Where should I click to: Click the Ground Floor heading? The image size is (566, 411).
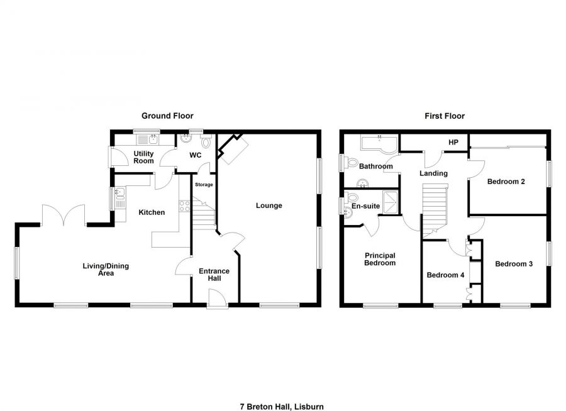coord(167,116)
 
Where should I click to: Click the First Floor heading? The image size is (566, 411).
coord(444,116)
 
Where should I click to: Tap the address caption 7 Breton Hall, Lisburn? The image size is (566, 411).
coord(282,390)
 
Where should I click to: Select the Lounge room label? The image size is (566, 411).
coord(269,205)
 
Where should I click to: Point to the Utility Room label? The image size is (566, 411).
coord(143,157)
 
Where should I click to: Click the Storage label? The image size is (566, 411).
coord(204,185)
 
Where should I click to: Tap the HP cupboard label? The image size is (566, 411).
coord(453,143)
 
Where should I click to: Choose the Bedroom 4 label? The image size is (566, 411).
coord(445,275)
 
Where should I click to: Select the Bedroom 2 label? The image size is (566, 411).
coord(506,182)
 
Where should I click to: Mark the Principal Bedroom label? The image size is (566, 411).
coord(380,259)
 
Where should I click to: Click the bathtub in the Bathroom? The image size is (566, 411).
coord(379,144)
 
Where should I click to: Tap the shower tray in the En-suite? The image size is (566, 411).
coord(391,202)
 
